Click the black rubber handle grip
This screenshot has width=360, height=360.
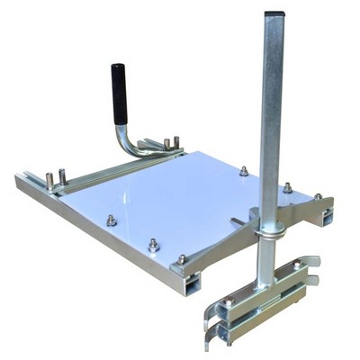tap(119, 94)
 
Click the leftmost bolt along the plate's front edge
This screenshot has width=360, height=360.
tap(111, 220)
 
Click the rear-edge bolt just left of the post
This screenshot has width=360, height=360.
tap(244, 170)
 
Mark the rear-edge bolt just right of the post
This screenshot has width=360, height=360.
tap(287, 187)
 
